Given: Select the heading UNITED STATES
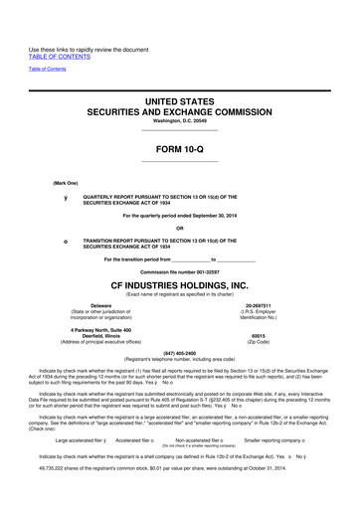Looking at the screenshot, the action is click(x=179, y=103).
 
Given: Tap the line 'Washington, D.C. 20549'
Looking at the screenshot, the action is click(x=179, y=126).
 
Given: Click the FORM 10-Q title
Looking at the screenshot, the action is click(x=179, y=151).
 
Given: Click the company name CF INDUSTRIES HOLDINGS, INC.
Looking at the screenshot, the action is click(x=179, y=287).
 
